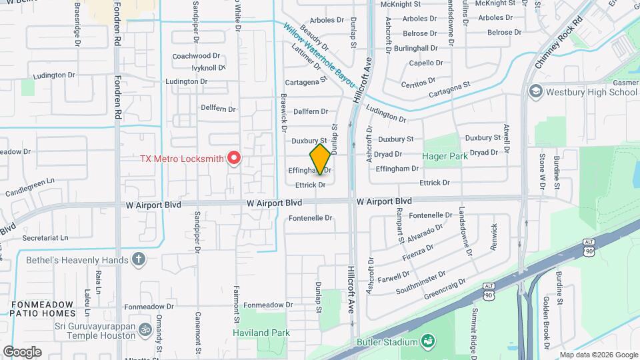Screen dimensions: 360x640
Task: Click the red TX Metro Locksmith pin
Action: point(234,158)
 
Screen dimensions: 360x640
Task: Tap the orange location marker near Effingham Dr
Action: point(320,159)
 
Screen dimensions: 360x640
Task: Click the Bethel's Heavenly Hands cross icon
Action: point(139,259)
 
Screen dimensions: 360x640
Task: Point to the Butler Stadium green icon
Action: point(427,342)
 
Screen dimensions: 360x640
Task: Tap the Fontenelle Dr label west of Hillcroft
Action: point(310,218)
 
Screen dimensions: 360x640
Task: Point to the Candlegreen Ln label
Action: point(30,181)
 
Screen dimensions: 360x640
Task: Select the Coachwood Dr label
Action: point(195,56)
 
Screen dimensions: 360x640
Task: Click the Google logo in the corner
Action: point(22,351)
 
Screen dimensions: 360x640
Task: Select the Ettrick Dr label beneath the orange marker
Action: point(311,185)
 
